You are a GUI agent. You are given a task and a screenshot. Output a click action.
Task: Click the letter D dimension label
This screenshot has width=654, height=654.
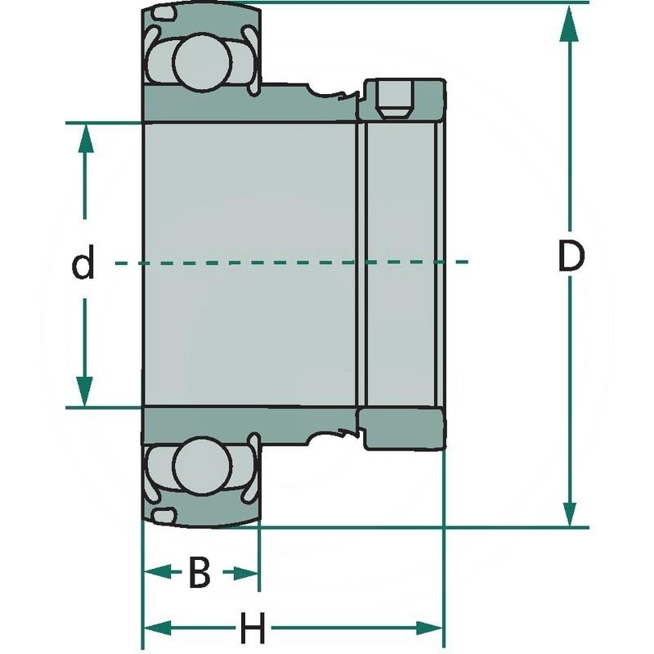pyautogui.click(x=571, y=258)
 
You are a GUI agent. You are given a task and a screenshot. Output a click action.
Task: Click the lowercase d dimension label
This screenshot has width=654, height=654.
pyautogui.click(x=83, y=265)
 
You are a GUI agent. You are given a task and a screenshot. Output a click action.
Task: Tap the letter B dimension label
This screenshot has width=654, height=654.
pyautogui.click(x=199, y=573)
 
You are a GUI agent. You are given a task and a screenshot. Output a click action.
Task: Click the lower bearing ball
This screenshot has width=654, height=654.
pyautogui.click(x=200, y=465)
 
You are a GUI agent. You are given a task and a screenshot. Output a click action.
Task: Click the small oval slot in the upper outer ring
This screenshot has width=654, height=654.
pyautogui.click(x=167, y=15)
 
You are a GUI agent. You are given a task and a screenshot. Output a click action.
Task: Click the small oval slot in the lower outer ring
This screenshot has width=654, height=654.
pyautogui.click(x=166, y=513)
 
